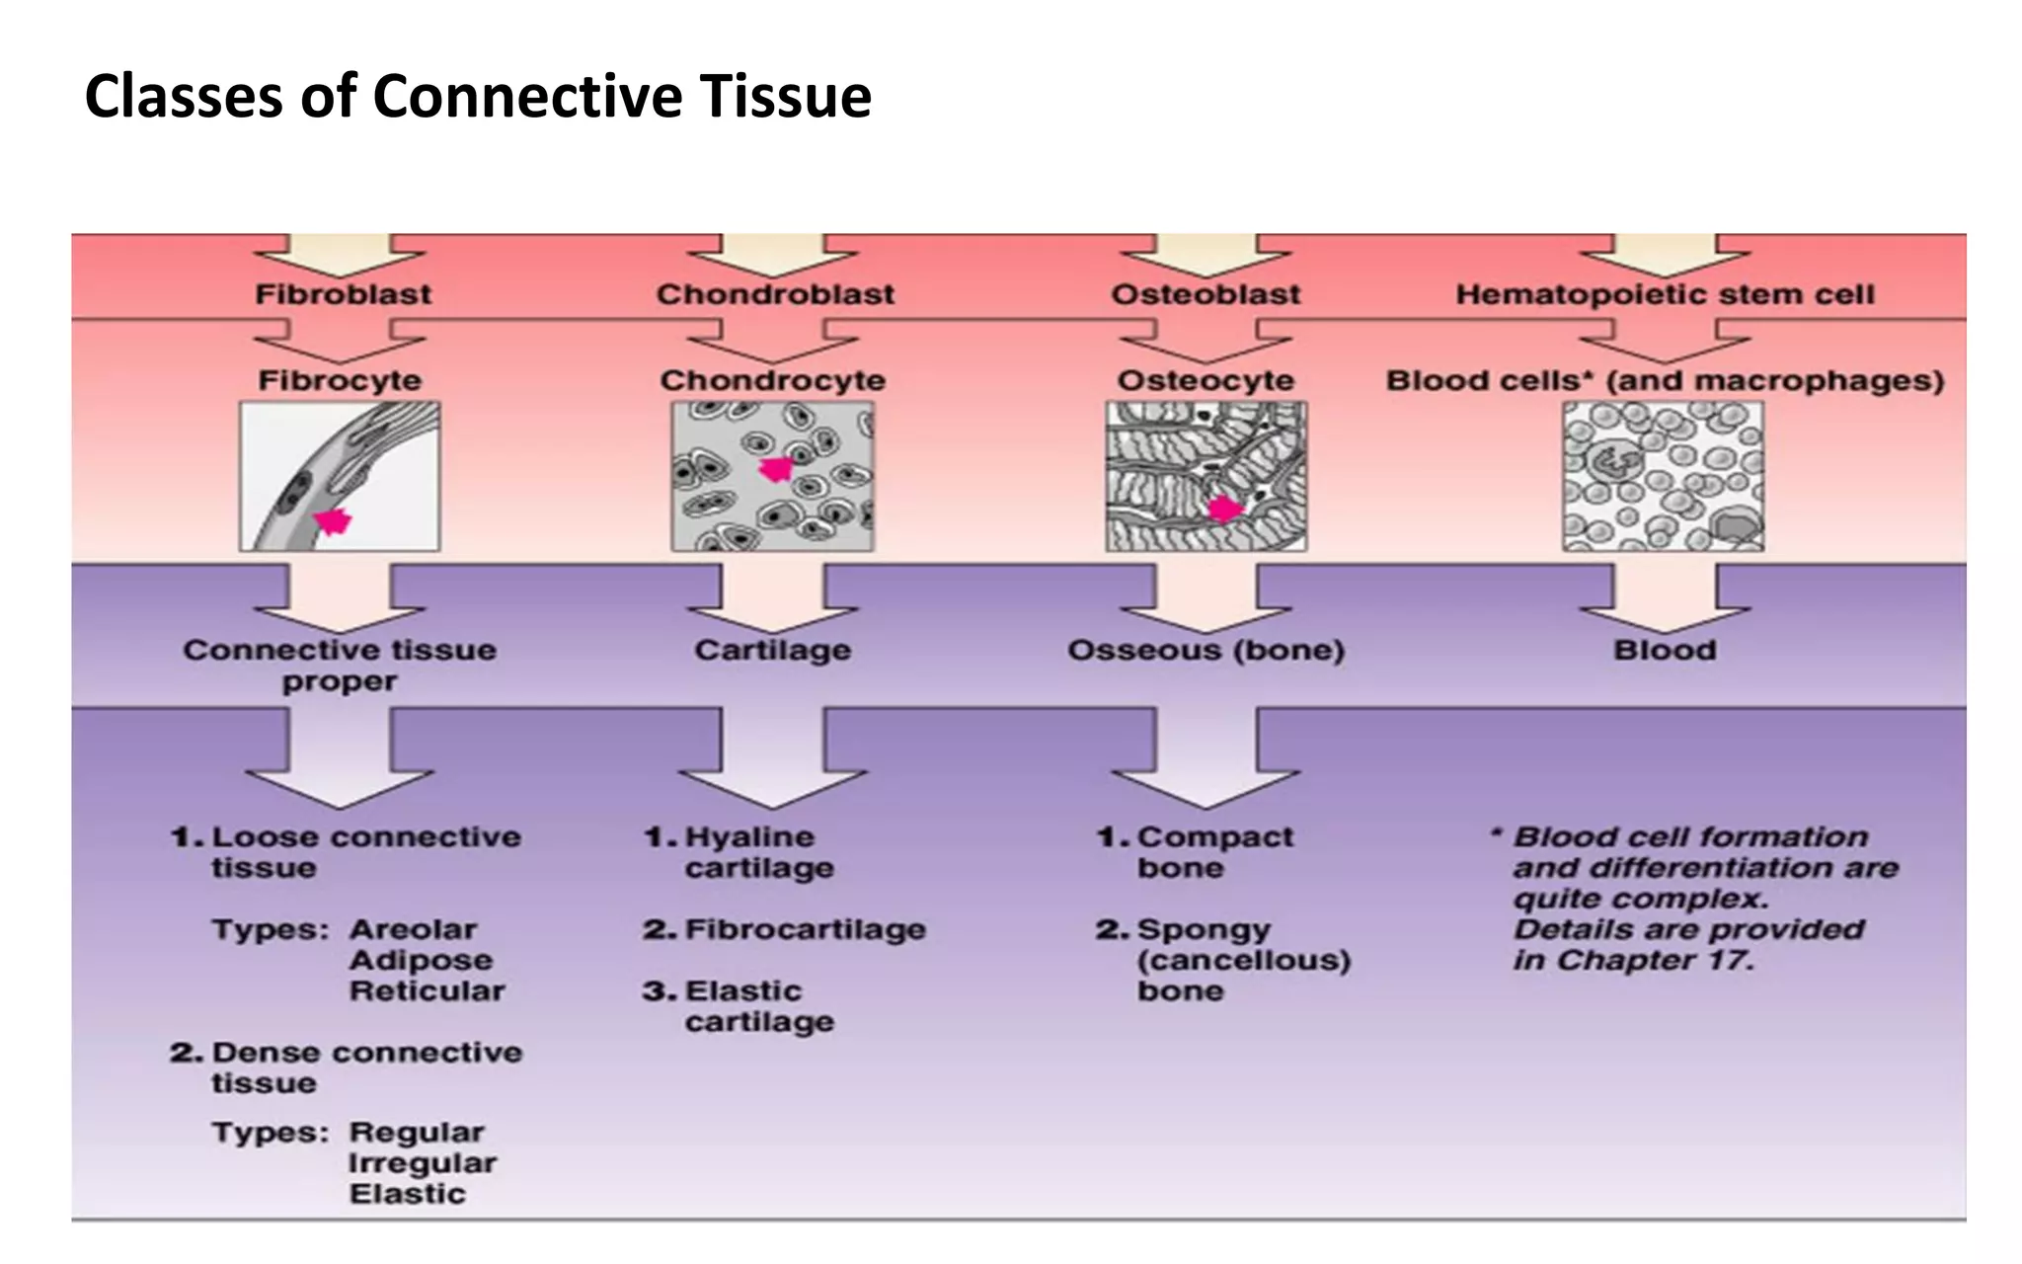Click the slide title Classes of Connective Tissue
[478, 97]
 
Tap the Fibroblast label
[344, 294]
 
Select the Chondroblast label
[775, 294]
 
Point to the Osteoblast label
[1205, 294]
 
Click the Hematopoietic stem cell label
[1665, 294]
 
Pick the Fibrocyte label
[340, 380]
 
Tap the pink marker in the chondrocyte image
[777, 469]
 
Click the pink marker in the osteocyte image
[1225, 509]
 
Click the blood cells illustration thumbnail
[1663, 476]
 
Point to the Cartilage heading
[772, 650]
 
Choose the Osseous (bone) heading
[1205, 650]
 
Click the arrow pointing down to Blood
[1665, 599]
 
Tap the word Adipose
[421, 960]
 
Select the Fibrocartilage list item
[805, 929]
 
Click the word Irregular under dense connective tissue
[423, 1163]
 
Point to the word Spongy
[1204, 930]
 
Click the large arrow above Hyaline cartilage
[773, 760]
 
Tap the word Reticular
[427, 990]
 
